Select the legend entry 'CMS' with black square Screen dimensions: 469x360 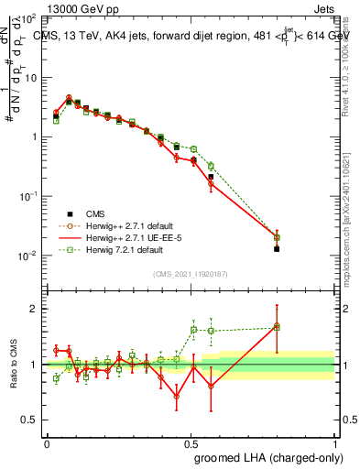[107, 213]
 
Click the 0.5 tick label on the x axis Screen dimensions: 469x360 [191, 442]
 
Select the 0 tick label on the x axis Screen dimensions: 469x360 [47, 442]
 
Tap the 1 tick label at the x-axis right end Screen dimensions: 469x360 [335, 442]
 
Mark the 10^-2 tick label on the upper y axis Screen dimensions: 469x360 [27, 256]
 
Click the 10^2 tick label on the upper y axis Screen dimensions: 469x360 [27, 18]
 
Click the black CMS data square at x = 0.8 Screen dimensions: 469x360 [278, 248]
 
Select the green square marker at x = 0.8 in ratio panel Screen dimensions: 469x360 [278, 326]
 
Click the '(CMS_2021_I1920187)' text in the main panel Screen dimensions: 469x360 [190, 273]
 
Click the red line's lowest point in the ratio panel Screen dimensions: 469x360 [177, 397]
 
